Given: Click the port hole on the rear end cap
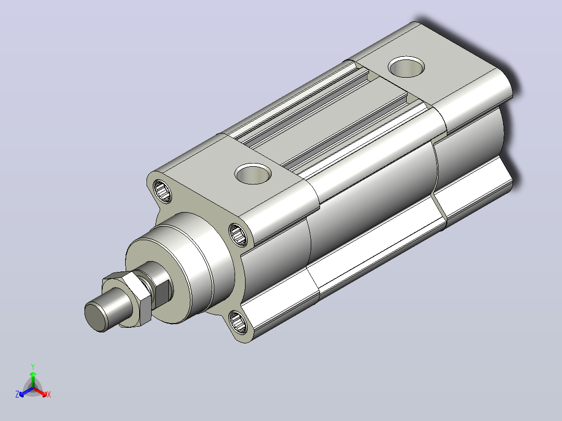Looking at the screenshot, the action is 407,67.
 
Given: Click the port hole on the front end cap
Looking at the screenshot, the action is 253,174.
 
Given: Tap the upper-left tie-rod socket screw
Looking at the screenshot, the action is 162,191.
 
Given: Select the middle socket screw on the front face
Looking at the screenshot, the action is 238,234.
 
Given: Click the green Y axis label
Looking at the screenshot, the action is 33,366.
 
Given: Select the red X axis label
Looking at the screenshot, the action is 49,394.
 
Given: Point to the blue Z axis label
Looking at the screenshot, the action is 17,394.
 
